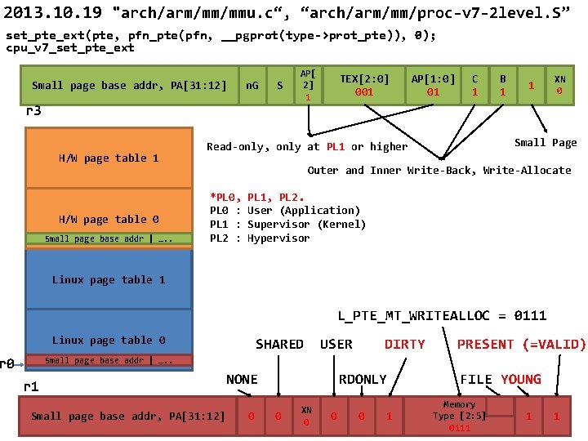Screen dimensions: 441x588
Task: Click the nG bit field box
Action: click(252, 85)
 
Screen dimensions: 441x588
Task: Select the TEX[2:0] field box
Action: click(364, 85)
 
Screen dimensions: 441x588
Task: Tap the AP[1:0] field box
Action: click(433, 85)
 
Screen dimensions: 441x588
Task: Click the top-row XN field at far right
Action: click(559, 85)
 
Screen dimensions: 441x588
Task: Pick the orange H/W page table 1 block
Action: click(109, 158)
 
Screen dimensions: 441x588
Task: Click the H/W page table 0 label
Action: click(109, 219)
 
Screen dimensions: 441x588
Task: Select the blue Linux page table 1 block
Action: click(109, 279)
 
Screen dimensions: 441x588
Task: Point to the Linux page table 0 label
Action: click(109, 340)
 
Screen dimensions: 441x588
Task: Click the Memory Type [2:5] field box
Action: click(459, 416)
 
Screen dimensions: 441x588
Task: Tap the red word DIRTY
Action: click(405, 344)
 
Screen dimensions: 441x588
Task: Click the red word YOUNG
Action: click(521, 379)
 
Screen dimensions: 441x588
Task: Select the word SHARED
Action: click(279, 344)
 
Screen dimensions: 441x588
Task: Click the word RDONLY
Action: click(363, 379)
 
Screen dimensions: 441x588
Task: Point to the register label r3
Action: click(33, 111)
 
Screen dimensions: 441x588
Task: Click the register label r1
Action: click(32, 387)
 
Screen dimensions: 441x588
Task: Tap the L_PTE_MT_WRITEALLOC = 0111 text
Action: click(443, 315)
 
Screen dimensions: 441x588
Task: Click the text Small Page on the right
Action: click(546, 142)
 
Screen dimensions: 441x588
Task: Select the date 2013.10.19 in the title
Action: click(55, 14)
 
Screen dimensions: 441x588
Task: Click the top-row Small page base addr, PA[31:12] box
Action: click(129, 85)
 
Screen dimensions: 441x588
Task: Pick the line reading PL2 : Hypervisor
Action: click(260, 238)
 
